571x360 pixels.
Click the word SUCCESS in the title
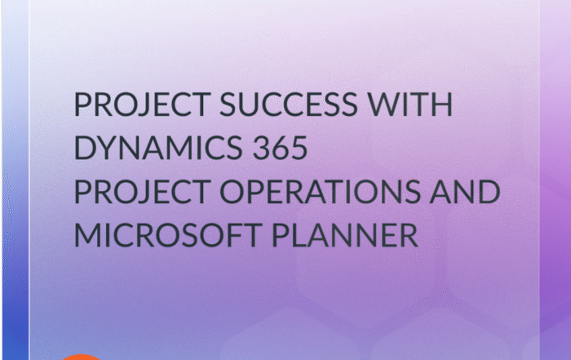289,104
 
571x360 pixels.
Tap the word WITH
409,104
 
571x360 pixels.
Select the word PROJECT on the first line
143,104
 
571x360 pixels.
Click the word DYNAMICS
158,148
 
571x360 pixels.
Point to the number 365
280,148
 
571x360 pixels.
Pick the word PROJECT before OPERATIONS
143,191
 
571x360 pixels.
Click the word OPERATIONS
320,191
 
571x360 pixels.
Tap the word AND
465,191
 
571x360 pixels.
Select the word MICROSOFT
168,235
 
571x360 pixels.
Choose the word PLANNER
345,235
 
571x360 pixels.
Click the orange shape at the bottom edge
82,357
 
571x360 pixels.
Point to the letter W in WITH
383,104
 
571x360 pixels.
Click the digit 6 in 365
280,148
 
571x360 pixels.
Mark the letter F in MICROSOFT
231,235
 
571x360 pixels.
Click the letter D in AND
489,191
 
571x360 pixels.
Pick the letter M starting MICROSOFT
87,235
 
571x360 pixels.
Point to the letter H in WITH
442,104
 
